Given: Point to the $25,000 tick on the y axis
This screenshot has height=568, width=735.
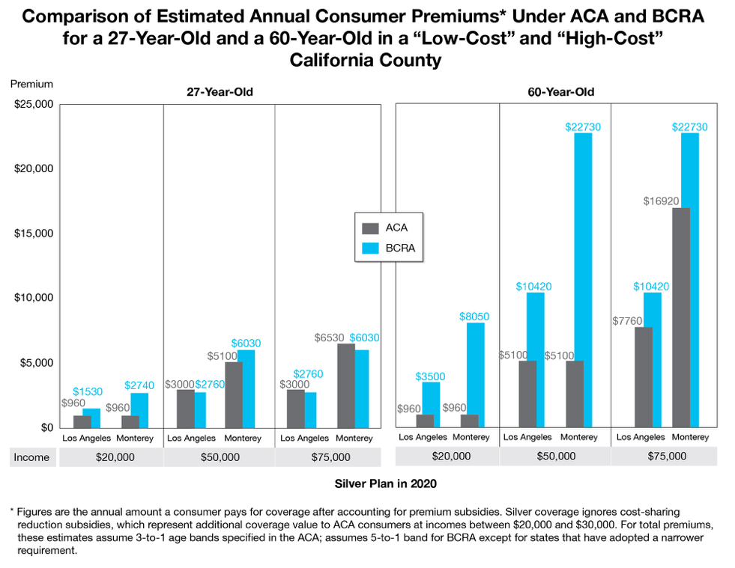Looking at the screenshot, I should tap(33, 104).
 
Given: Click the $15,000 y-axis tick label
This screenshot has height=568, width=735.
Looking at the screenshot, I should tap(33, 233).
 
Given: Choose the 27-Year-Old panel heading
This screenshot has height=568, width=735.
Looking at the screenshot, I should tap(220, 92).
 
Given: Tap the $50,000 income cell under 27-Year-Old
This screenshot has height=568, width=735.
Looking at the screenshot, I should tap(219, 457).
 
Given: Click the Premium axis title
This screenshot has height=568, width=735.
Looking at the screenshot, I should tap(31, 85).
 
